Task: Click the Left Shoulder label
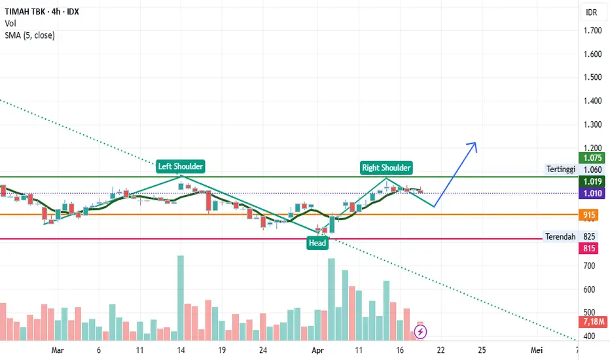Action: point(181,166)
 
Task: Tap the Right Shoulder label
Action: point(386,168)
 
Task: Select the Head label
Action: point(317,243)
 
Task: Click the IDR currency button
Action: point(592,12)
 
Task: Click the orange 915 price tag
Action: point(590,215)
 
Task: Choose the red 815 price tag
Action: point(590,249)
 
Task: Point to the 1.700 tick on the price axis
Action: point(592,31)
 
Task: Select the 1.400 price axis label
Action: point(592,101)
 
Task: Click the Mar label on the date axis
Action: point(57,350)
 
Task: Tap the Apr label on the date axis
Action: point(317,350)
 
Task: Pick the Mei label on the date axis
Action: point(537,350)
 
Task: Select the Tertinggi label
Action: point(561,170)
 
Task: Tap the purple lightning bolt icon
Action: point(421,333)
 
